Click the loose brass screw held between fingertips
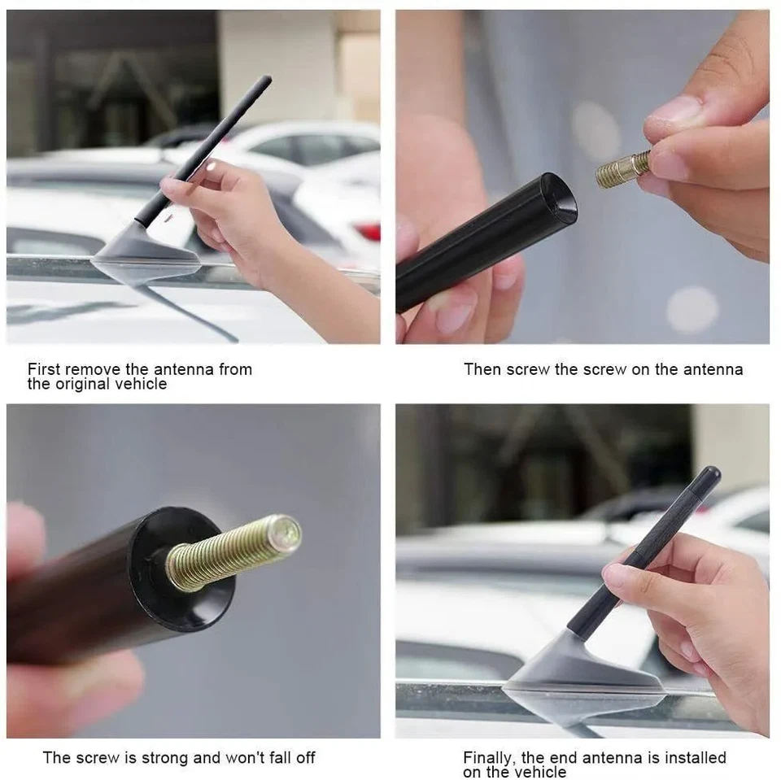pos(622,168)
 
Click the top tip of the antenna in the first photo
pos(266,80)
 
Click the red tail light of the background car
pos(369,232)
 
